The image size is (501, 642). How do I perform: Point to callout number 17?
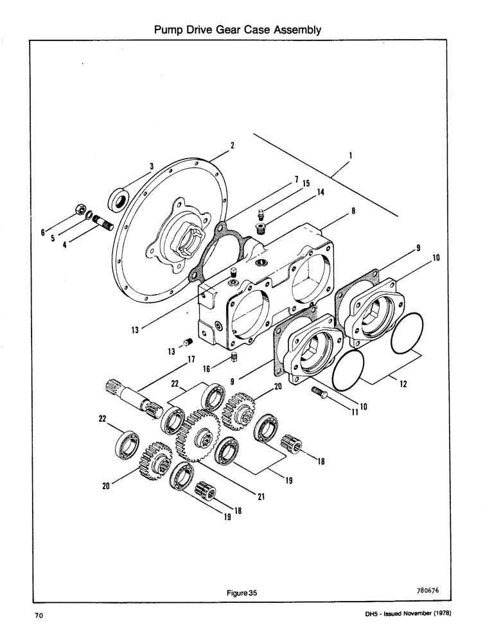click(x=191, y=360)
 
